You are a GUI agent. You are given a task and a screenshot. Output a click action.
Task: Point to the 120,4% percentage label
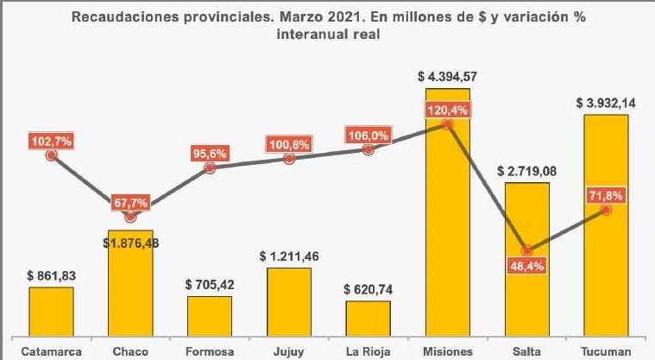click(x=447, y=110)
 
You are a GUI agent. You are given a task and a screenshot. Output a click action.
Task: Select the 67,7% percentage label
click(x=130, y=203)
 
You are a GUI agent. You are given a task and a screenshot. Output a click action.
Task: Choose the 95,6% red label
click(x=210, y=154)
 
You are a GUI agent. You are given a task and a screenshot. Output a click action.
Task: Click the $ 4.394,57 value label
click(x=447, y=77)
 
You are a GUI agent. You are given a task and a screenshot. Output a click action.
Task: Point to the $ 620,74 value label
click(x=368, y=289)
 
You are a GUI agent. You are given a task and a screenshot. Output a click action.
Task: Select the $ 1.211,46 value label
click(x=289, y=256)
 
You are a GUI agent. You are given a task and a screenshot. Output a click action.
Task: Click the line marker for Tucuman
click(x=606, y=210)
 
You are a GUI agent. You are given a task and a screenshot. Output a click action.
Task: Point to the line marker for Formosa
click(x=210, y=169)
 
